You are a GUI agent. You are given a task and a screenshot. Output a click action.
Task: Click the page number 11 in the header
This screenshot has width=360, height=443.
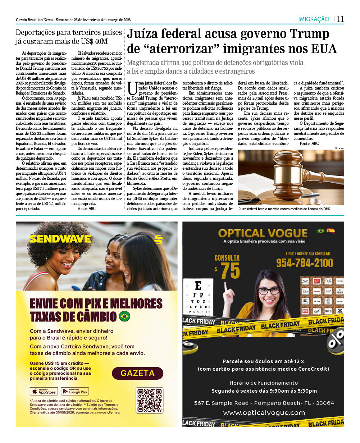tap(340, 19)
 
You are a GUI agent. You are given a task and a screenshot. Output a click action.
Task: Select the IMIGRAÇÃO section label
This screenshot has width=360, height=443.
tap(314, 19)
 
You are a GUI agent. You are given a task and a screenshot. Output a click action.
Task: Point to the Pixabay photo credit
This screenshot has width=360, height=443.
tap(339, 148)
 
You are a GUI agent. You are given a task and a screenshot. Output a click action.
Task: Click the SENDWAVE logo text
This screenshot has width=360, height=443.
tap(60, 239)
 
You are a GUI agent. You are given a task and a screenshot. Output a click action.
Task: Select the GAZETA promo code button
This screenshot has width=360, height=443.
tap(137, 373)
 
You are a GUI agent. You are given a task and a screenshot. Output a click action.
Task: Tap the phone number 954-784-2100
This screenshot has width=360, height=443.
tap(304, 263)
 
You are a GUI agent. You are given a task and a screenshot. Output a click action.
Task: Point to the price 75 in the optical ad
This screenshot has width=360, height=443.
tap(230, 271)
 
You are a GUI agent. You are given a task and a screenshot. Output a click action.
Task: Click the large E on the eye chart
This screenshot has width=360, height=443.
tap(198, 286)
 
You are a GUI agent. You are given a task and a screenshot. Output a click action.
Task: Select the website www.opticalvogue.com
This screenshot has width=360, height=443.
tap(264, 413)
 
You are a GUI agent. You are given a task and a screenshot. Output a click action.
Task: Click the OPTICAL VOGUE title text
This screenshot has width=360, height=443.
tap(263, 233)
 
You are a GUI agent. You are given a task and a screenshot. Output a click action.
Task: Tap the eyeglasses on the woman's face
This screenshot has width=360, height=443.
tap(269, 291)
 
